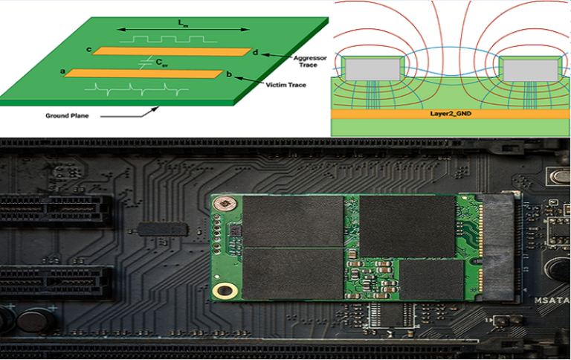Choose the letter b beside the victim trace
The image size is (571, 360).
(230, 74)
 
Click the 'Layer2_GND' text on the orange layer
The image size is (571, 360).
(451, 115)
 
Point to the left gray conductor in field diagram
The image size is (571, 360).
(372, 70)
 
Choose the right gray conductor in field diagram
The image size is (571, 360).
(529, 70)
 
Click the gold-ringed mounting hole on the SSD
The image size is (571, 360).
(221, 292)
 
